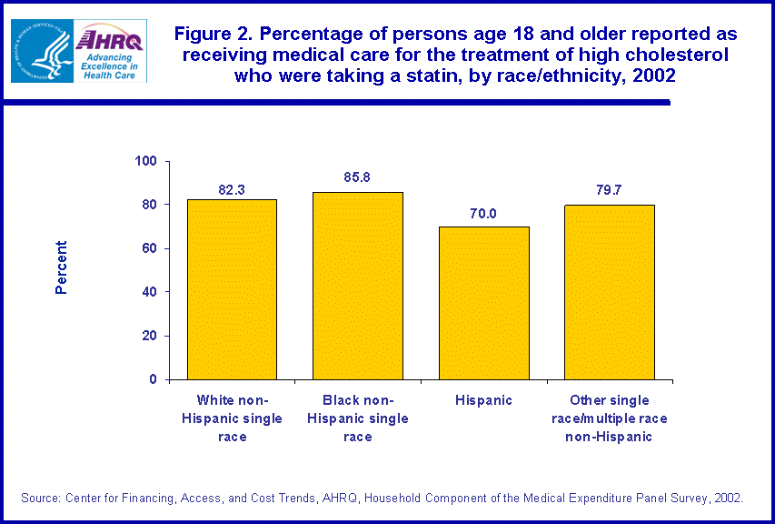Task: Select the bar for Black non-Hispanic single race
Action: [357, 286]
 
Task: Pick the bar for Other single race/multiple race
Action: [609, 292]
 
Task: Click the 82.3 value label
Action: [232, 190]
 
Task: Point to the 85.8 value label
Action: [357, 177]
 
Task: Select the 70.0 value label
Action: [483, 214]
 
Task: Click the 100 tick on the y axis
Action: [146, 161]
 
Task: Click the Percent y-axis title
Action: [62, 267]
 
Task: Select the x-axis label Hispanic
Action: [483, 400]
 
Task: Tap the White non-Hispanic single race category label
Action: [232, 418]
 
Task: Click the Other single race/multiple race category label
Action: [609, 418]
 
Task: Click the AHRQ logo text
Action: [110, 39]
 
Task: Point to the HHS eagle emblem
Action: [41, 51]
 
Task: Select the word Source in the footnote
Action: [40, 498]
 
